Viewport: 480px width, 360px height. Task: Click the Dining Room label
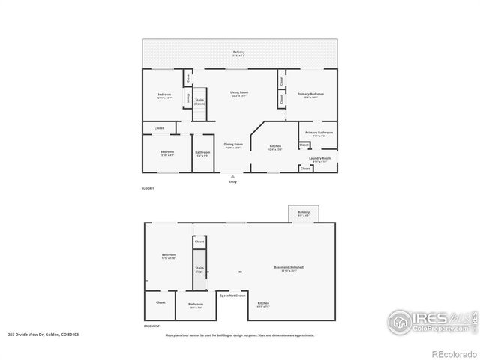click(233, 145)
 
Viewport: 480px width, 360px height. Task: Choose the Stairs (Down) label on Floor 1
click(199, 101)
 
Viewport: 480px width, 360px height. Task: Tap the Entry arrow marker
click(232, 177)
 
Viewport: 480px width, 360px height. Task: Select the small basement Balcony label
click(303, 214)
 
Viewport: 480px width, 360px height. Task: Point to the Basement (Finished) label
click(287, 268)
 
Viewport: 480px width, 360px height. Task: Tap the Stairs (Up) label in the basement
click(199, 269)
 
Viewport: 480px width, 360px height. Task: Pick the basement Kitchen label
click(263, 304)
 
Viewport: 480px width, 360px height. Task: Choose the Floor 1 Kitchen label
click(275, 147)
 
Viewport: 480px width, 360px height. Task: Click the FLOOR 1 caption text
click(148, 187)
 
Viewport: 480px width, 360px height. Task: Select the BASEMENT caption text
click(151, 326)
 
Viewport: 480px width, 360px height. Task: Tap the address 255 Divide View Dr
click(43, 334)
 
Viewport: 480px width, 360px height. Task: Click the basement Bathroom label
click(195, 305)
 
